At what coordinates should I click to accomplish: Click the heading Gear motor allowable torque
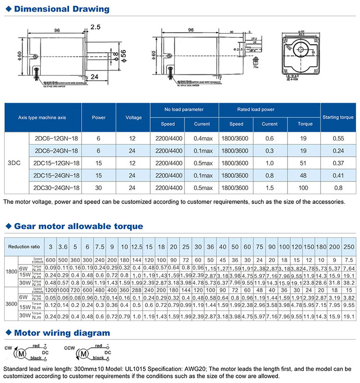click(x=78, y=226)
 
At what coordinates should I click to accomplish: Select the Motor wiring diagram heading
click(x=62, y=333)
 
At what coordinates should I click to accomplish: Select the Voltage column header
click(x=134, y=117)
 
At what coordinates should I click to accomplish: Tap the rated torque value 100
click(x=302, y=188)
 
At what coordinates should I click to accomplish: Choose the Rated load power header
click(x=269, y=109)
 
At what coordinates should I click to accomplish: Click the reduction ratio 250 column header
click(x=349, y=247)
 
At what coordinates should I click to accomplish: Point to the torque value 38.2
click(x=349, y=283)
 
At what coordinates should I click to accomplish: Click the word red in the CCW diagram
click(x=97, y=345)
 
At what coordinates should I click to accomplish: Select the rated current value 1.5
click(x=270, y=188)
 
